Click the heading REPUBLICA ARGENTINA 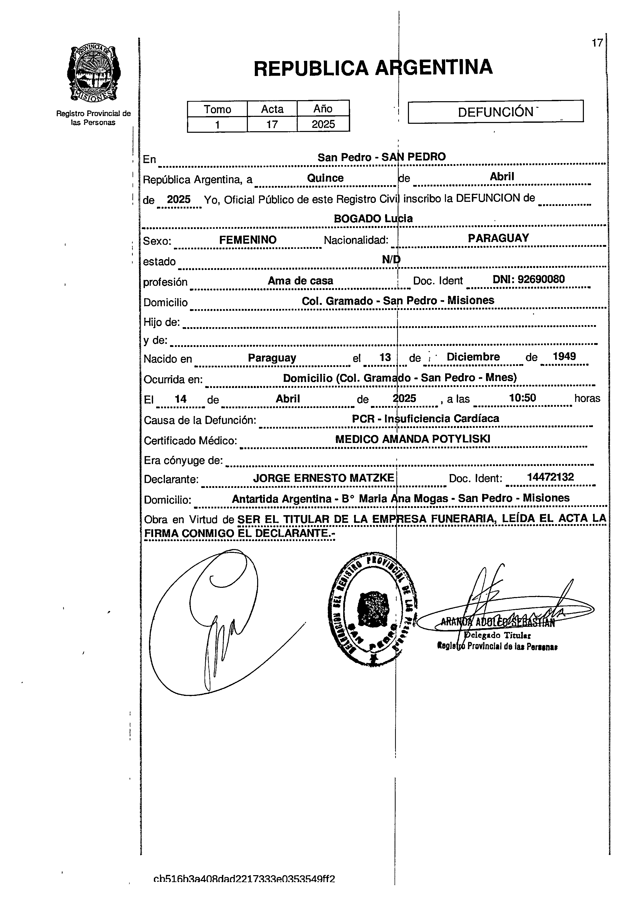coord(373,68)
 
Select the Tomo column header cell coord(217,109)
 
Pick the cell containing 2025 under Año coord(323,124)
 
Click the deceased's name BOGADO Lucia coord(373,218)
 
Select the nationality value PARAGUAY coord(498,238)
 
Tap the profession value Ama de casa coord(300,281)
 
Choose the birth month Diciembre coord(473,357)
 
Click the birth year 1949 coord(564,356)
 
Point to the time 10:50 coord(522,398)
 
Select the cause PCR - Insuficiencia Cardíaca coord(425,418)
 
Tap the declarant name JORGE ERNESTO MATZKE coord(324,478)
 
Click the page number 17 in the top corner coord(597,43)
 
